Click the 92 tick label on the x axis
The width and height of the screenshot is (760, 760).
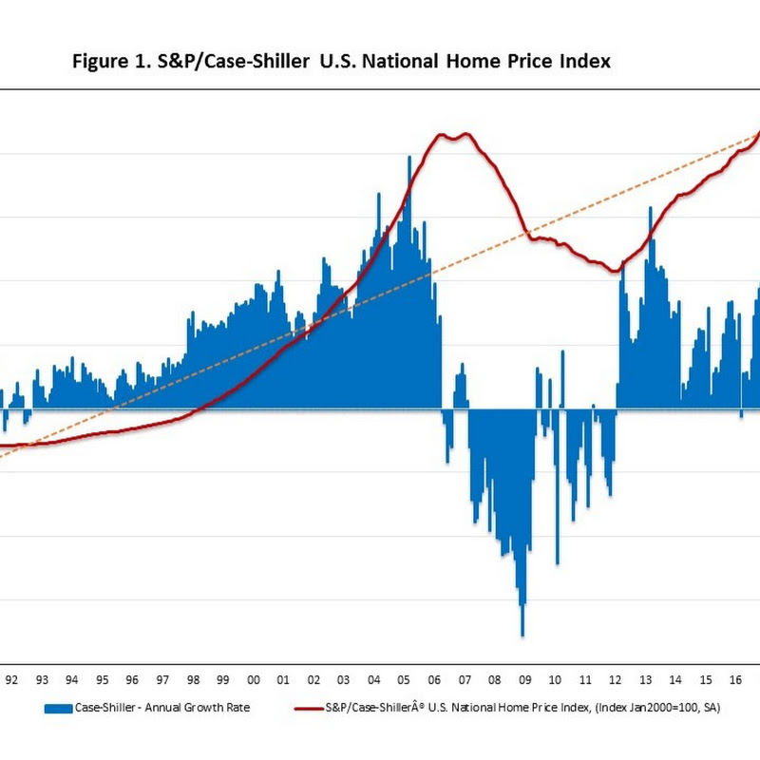[11, 679]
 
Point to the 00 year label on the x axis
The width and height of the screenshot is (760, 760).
[253, 679]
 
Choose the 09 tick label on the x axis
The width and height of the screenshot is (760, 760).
[525, 679]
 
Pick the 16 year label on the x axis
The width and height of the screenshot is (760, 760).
[735, 679]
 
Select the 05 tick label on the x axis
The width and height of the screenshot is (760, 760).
[404, 679]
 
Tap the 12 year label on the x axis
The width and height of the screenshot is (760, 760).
[615, 679]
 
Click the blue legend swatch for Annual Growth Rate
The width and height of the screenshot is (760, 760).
[58, 709]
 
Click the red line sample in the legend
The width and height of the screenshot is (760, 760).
[309, 709]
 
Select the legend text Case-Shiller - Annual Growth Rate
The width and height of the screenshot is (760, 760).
[162, 708]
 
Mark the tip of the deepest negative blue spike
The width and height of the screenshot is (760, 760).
[522, 636]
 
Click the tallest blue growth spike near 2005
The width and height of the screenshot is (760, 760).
[409, 157]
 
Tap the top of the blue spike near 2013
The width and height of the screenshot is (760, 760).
[651, 207]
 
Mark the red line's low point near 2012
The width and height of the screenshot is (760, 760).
[615, 271]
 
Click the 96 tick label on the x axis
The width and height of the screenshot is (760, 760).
[132, 679]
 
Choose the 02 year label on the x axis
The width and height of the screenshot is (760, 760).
[313, 679]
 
